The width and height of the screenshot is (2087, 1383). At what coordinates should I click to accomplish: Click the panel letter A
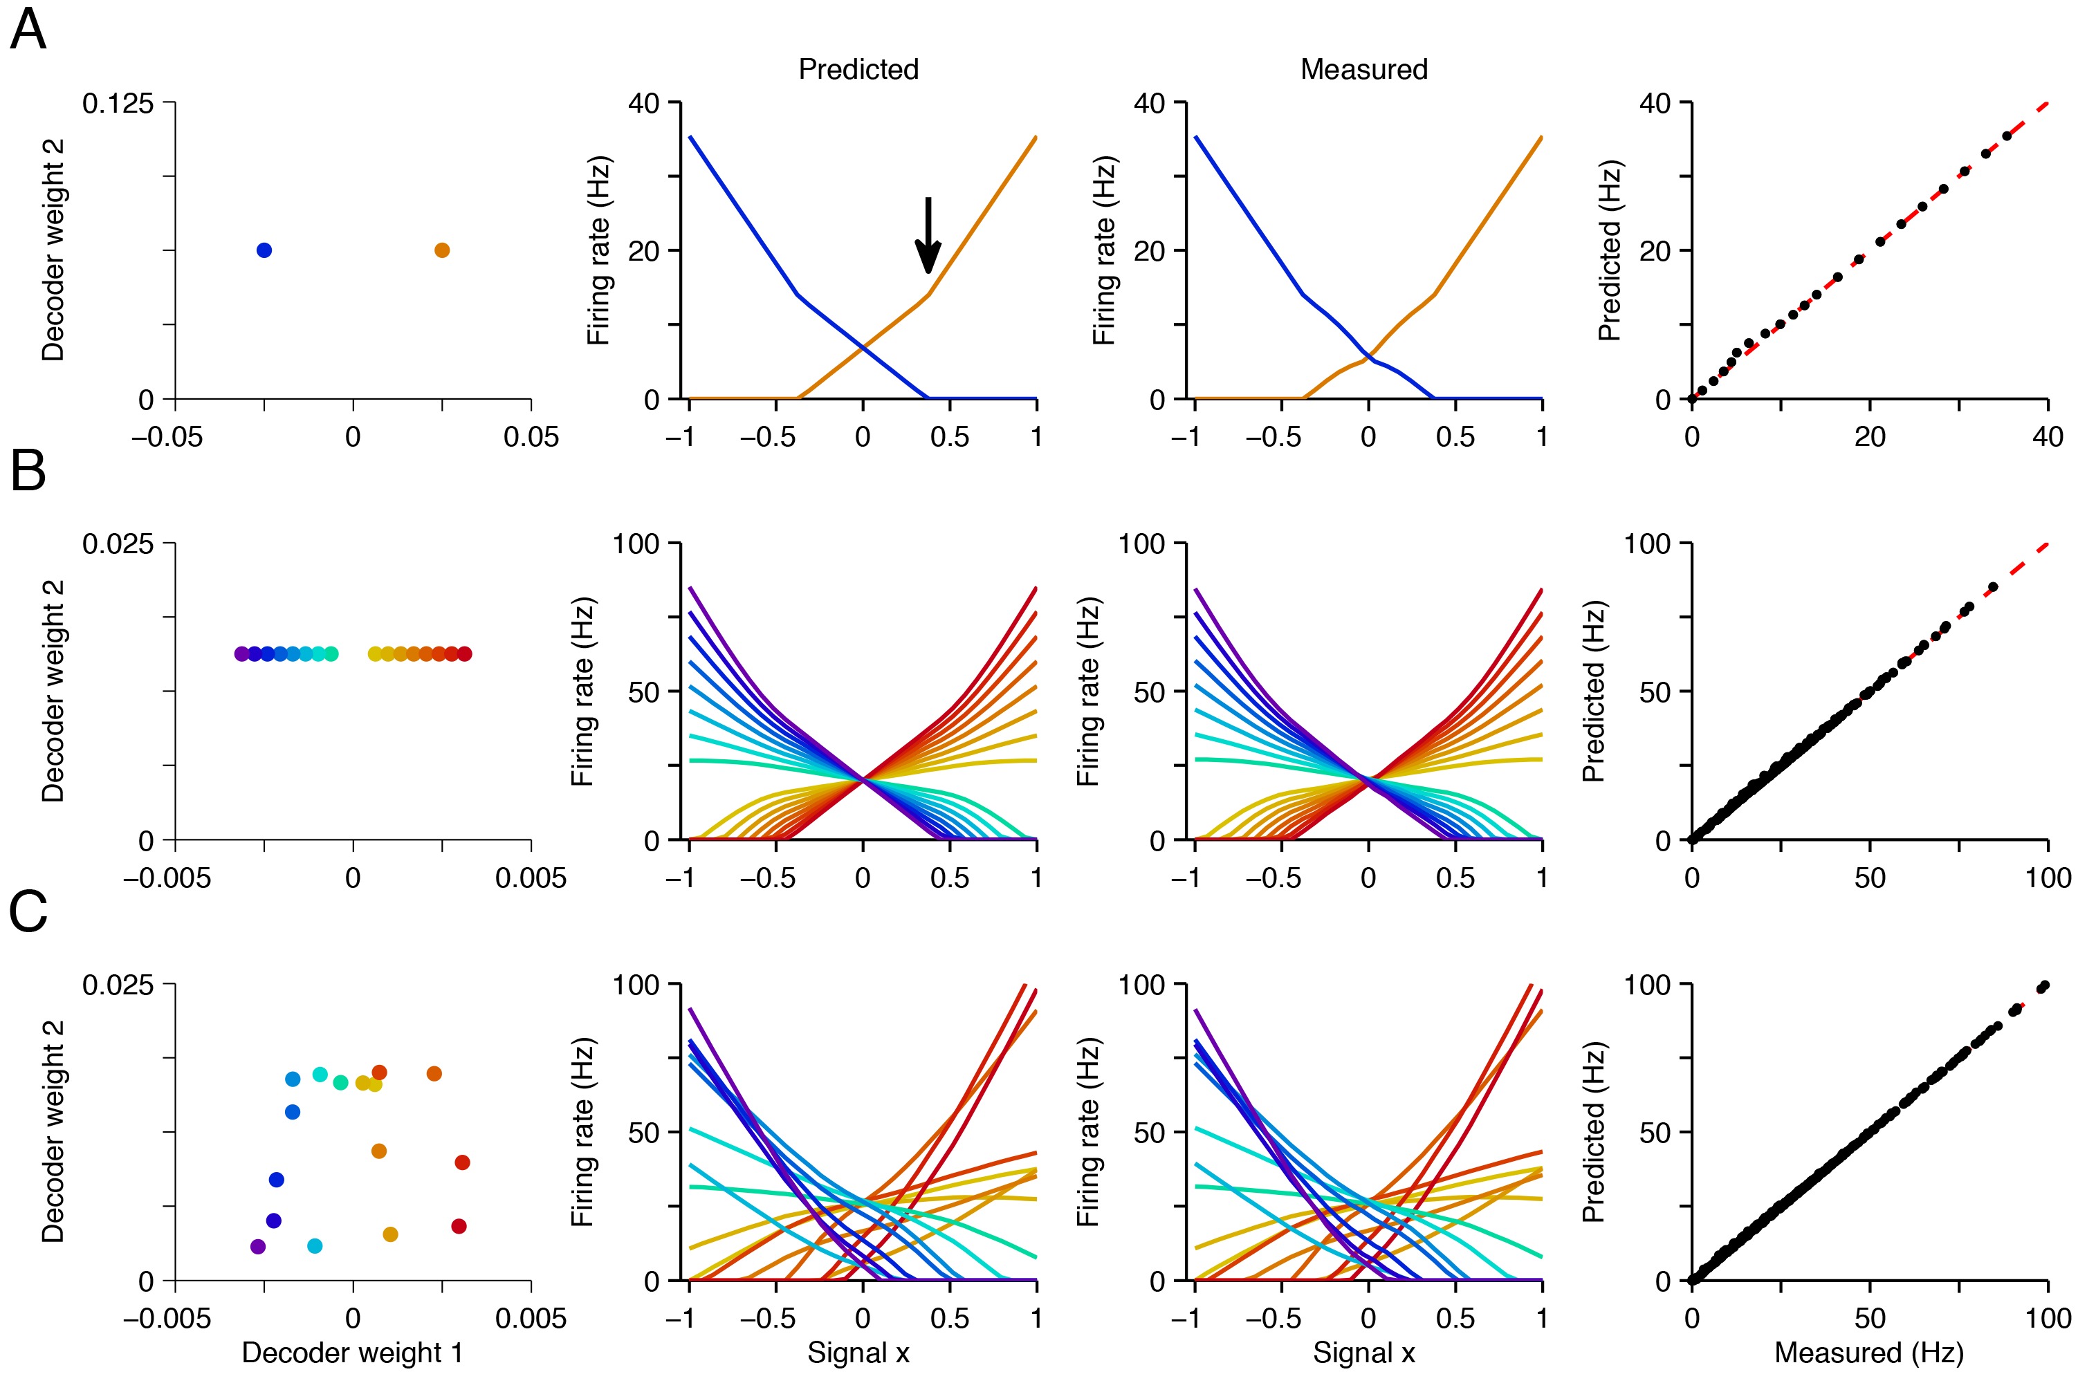(28, 31)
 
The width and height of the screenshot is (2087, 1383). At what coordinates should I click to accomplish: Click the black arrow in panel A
(927, 234)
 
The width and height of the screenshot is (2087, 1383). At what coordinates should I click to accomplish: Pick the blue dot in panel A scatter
(264, 250)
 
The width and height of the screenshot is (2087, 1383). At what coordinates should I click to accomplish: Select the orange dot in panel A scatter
(442, 250)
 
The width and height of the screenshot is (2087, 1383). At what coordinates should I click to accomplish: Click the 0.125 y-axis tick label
(118, 104)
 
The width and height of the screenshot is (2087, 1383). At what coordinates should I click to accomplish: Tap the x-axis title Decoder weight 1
(352, 1352)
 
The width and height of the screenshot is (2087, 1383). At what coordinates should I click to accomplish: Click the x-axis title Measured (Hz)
(1868, 1352)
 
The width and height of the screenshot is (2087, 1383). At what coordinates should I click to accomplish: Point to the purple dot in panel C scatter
(257, 1246)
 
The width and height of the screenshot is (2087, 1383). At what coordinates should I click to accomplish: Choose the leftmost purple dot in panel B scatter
(241, 653)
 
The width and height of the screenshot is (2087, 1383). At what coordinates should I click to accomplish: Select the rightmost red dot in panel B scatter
(465, 653)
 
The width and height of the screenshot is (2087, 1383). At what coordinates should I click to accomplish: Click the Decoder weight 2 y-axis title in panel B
(53, 691)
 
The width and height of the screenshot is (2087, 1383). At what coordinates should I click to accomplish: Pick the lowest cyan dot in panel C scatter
(314, 1246)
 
